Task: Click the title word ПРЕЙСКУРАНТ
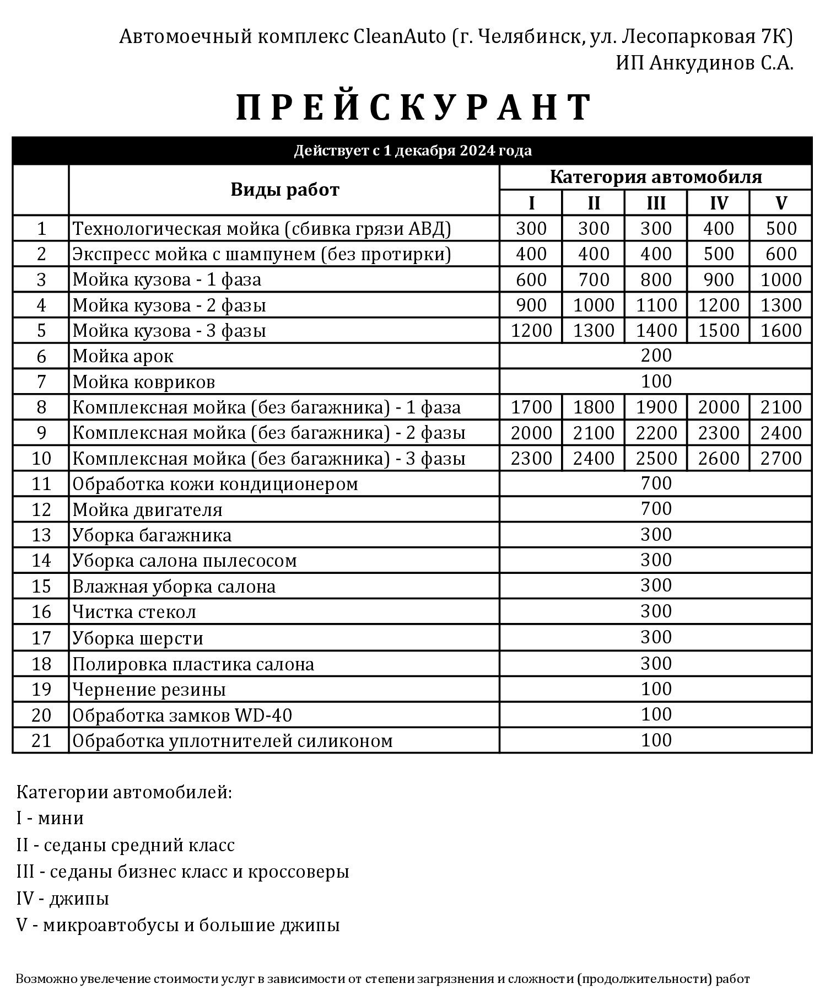click(x=414, y=107)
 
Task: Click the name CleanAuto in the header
click(x=399, y=36)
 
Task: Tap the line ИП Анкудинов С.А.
click(x=704, y=63)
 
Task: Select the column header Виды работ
click(x=284, y=190)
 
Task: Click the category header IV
click(x=718, y=203)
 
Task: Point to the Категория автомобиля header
click(x=655, y=177)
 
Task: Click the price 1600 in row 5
click(x=780, y=330)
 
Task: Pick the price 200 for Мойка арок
click(x=656, y=356)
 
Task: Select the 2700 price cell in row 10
click(x=780, y=458)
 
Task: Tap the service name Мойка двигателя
click(x=147, y=509)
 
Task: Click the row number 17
click(x=41, y=638)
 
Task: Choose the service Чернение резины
click(x=149, y=689)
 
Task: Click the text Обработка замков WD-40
click(x=182, y=715)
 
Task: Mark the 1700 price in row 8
click(x=531, y=407)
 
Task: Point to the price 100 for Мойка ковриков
click(x=656, y=381)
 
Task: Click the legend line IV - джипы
click(x=62, y=898)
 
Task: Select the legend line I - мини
click(x=50, y=818)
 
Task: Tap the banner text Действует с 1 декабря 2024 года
click(x=412, y=151)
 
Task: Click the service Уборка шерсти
click(x=138, y=638)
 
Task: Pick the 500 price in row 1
click(x=780, y=228)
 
